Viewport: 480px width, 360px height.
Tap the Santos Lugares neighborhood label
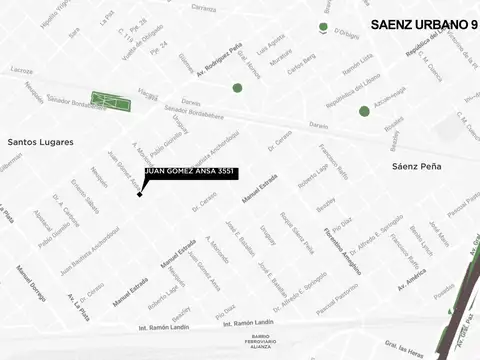(x=41, y=142)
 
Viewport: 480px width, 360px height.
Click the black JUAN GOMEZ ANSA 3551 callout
(x=191, y=173)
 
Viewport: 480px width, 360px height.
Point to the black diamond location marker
(x=140, y=194)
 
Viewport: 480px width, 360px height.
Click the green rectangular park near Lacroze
(x=110, y=101)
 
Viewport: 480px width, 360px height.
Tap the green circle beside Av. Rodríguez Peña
(x=237, y=88)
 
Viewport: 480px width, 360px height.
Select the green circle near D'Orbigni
(x=323, y=28)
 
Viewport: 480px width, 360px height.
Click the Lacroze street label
(x=22, y=70)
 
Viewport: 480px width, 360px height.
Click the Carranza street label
(x=203, y=8)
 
